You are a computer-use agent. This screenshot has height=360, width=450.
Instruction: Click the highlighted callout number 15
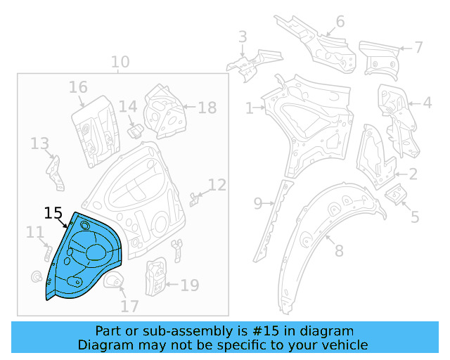coord(53,212)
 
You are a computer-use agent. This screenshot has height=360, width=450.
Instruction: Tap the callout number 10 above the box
coord(120,62)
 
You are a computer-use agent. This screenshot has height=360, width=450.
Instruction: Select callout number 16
coord(78,87)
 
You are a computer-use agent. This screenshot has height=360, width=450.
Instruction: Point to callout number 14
coord(127,107)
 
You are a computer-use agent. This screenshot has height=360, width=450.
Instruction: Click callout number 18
coord(207,108)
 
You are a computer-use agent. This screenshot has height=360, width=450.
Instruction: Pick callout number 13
coord(39,144)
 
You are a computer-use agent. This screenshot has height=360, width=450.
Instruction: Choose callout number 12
coord(217,185)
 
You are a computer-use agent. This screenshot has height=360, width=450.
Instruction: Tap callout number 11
coord(34,232)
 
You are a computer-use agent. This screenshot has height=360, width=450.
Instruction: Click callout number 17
coord(129,307)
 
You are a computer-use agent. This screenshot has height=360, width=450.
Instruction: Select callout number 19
coord(190,285)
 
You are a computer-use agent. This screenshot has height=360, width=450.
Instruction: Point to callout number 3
coord(243,37)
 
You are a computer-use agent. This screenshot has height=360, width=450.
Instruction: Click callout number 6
coord(340,21)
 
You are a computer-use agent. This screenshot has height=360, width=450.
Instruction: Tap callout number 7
coord(418,48)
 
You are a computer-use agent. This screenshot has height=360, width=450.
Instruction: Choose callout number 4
coord(427,103)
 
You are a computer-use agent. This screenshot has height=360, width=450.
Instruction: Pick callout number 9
coord(258,204)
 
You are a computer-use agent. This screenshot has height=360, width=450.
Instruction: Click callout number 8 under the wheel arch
coord(338,250)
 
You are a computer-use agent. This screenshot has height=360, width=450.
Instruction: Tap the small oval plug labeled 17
coord(114,283)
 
